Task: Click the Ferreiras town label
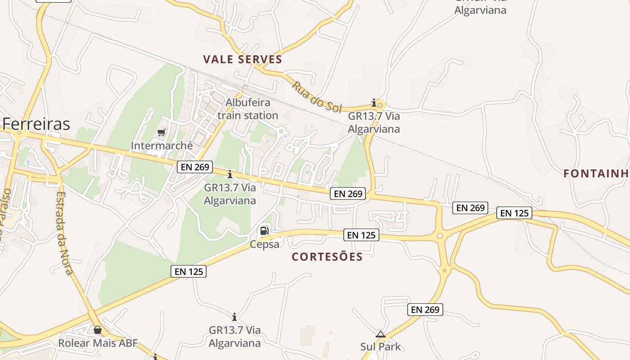tap(36, 124)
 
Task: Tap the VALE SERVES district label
tap(243, 59)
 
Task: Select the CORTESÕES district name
tap(327, 256)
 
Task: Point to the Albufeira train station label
tap(247, 109)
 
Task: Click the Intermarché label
tap(162, 146)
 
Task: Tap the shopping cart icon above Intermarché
tap(162, 132)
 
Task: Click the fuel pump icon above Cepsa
tap(265, 231)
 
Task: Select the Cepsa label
tap(265, 244)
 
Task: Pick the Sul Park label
tap(380, 346)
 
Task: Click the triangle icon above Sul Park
tap(381, 334)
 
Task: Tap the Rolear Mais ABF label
tap(98, 343)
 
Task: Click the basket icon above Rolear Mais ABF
tap(98, 330)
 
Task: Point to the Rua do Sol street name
tap(317, 96)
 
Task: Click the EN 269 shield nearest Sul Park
tap(425, 310)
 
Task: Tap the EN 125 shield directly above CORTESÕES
tap(361, 235)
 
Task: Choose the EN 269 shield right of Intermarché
tap(195, 167)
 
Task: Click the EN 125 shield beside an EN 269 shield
tap(514, 213)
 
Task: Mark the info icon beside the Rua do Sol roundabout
tap(373, 103)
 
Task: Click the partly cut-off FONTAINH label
tap(596, 173)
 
